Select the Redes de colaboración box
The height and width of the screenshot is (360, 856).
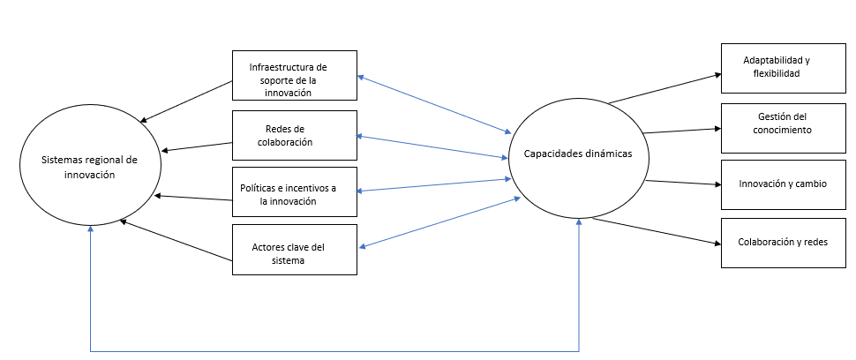(295, 135)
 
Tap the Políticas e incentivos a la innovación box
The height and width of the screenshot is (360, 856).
(295, 191)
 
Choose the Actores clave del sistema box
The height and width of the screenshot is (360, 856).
(295, 249)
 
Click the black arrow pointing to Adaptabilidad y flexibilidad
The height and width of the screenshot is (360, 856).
(665, 88)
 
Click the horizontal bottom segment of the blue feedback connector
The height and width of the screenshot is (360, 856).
(335, 350)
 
